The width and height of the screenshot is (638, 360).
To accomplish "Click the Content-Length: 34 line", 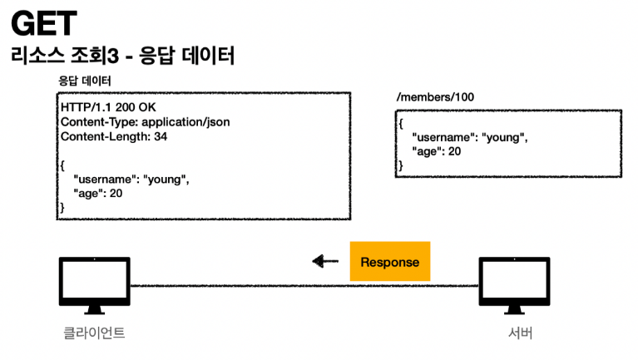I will [114, 136].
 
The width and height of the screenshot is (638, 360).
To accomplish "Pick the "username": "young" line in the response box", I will [131, 179].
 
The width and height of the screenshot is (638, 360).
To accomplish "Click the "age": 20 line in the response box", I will [98, 193].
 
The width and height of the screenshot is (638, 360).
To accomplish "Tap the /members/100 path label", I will [435, 97].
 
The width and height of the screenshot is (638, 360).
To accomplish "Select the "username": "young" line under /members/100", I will [469, 137].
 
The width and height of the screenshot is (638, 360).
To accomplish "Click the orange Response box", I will [389, 262].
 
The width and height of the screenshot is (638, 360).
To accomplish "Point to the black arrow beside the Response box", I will [325, 262].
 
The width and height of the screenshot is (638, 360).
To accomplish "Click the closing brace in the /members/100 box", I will [400, 165].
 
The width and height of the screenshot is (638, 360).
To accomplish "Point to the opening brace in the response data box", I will [62, 165].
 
